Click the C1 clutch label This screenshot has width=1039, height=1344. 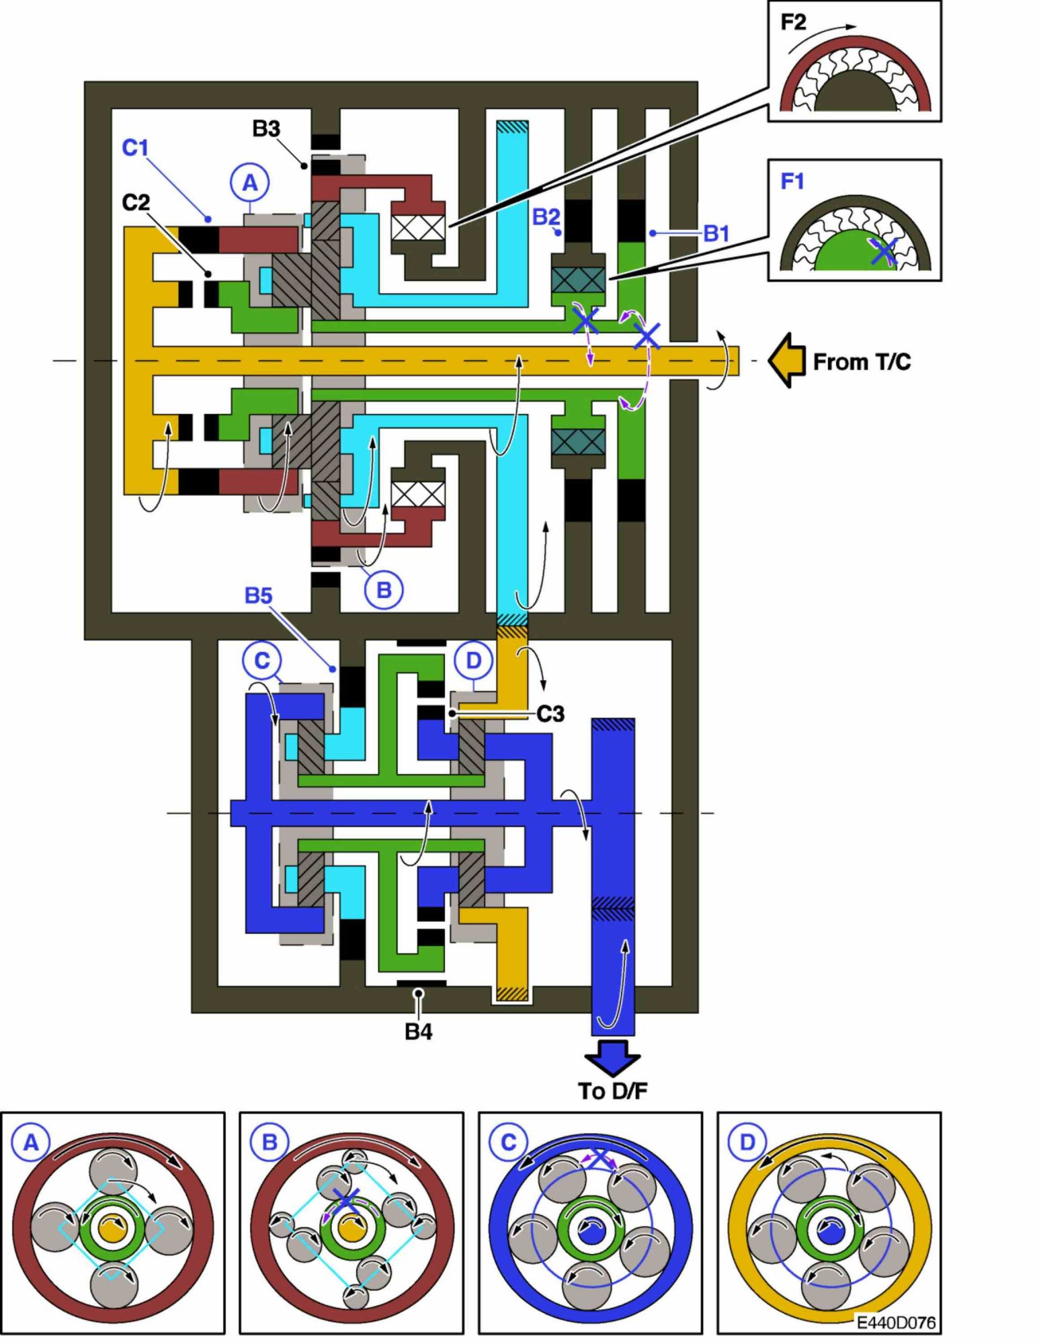[x=135, y=147]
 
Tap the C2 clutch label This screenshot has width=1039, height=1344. [x=136, y=202]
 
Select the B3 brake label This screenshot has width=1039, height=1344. [x=266, y=128]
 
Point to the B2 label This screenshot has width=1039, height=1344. [x=546, y=216]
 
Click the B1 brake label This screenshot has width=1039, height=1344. [x=716, y=233]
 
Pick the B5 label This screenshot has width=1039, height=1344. [x=258, y=595]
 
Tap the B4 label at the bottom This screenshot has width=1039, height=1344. [x=418, y=1032]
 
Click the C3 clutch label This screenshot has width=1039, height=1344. [x=550, y=714]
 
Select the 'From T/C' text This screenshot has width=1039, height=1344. [x=862, y=362]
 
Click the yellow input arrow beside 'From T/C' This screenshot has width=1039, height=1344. [x=787, y=361]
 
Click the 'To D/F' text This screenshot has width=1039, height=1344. [x=612, y=1091]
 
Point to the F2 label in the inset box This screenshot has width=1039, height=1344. [x=793, y=23]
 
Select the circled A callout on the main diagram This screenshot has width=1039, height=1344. [x=249, y=182]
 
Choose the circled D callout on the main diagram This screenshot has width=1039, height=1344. [x=473, y=661]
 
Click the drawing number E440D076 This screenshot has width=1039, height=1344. [x=896, y=1322]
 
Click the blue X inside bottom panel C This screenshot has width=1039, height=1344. [x=598, y=1157]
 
